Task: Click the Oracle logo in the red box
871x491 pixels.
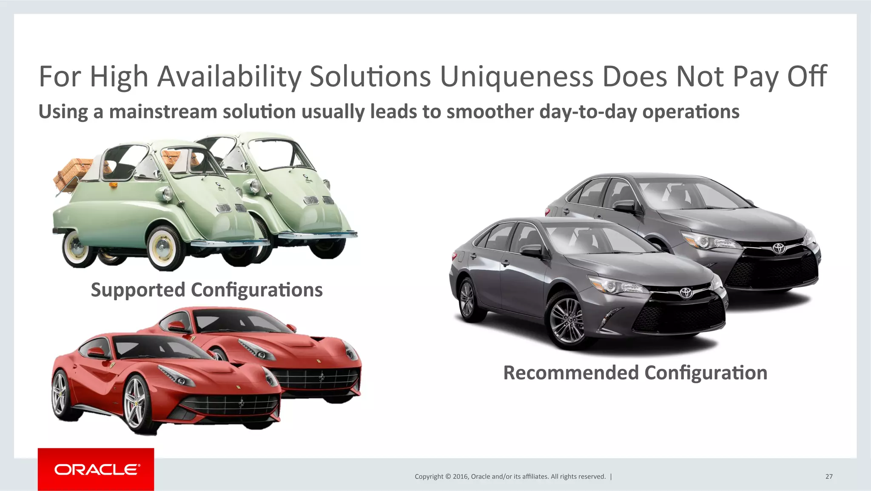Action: (x=97, y=469)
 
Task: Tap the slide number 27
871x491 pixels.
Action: (x=828, y=477)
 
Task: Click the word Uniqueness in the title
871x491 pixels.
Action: (x=517, y=77)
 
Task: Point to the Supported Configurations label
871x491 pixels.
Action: (x=207, y=290)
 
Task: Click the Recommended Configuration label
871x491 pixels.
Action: (x=635, y=373)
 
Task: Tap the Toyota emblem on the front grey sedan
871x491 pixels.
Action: (x=686, y=293)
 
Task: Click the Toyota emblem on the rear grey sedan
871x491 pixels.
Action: (x=779, y=248)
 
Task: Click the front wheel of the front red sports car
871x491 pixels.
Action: (x=136, y=402)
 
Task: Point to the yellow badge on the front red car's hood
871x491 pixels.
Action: (x=238, y=387)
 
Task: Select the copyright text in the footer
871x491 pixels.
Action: (x=510, y=477)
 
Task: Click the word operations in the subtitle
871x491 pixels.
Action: (x=690, y=112)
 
